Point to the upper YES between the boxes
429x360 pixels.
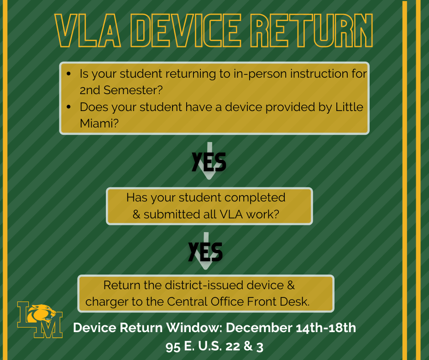coord(209,162)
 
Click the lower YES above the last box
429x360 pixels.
coord(206,252)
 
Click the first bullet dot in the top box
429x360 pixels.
coord(68,74)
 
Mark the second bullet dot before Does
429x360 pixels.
coord(68,107)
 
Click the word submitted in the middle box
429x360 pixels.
coord(171,214)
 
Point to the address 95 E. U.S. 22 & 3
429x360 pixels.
coord(214,346)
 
